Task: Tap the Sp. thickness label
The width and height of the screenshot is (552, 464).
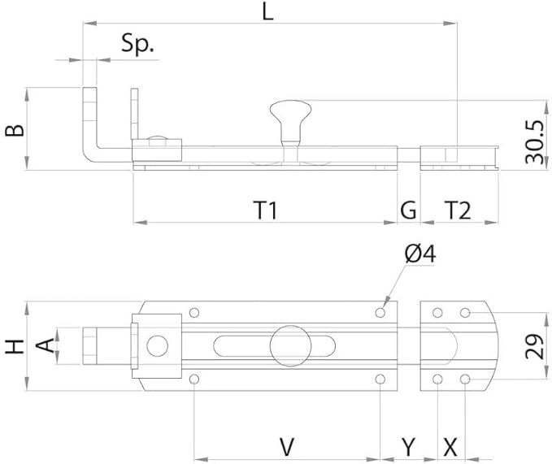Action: point(138,44)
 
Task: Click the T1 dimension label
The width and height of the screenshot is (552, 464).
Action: point(265,210)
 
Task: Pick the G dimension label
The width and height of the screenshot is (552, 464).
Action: point(408,210)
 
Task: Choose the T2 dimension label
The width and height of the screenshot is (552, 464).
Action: point(459,210)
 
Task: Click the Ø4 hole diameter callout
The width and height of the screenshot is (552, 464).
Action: point(420,254)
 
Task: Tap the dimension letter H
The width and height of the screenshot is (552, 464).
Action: point(13,347)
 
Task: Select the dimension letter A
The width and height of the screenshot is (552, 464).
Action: point(48,347)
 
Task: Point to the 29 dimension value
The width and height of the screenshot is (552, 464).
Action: point(535,347)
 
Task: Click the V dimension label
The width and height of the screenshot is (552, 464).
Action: point(286,445)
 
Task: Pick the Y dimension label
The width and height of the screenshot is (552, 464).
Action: point(409,445)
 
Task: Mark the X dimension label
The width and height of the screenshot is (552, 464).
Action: point(450,445)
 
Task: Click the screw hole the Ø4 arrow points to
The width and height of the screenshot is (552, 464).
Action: point(380,312)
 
